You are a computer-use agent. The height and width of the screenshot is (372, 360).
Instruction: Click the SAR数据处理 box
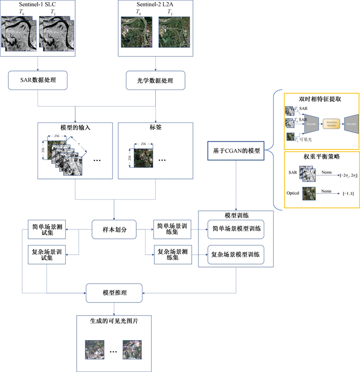(39, 80)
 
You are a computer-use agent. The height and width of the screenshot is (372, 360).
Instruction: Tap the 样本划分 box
(114, 230)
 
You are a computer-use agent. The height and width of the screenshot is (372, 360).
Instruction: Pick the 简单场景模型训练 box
(235, 229)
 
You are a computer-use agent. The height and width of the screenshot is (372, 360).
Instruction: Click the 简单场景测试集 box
(47, 230)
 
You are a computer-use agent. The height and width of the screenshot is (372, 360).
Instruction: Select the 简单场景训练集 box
(172, 230)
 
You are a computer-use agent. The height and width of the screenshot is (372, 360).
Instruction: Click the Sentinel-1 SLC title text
(38, 5)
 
